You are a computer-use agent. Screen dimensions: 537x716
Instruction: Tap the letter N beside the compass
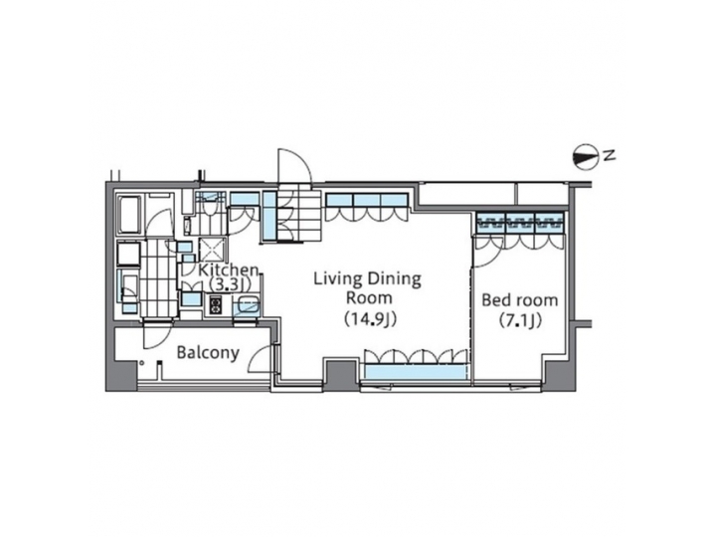pos(611,155)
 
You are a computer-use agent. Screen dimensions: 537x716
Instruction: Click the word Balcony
pos(208,353)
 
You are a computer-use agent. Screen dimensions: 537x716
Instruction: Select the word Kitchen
pos(229,270)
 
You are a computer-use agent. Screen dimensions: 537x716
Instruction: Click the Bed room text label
pos(519,300)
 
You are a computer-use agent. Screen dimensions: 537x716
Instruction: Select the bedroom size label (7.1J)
pos(519,321)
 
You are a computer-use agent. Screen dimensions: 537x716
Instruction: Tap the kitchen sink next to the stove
pos(247,307)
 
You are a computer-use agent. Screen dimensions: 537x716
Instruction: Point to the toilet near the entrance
pos(207,210)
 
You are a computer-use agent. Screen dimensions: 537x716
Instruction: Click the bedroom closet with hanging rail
pos(519,221)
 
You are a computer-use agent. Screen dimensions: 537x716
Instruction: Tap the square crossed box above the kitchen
pos(210,247)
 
